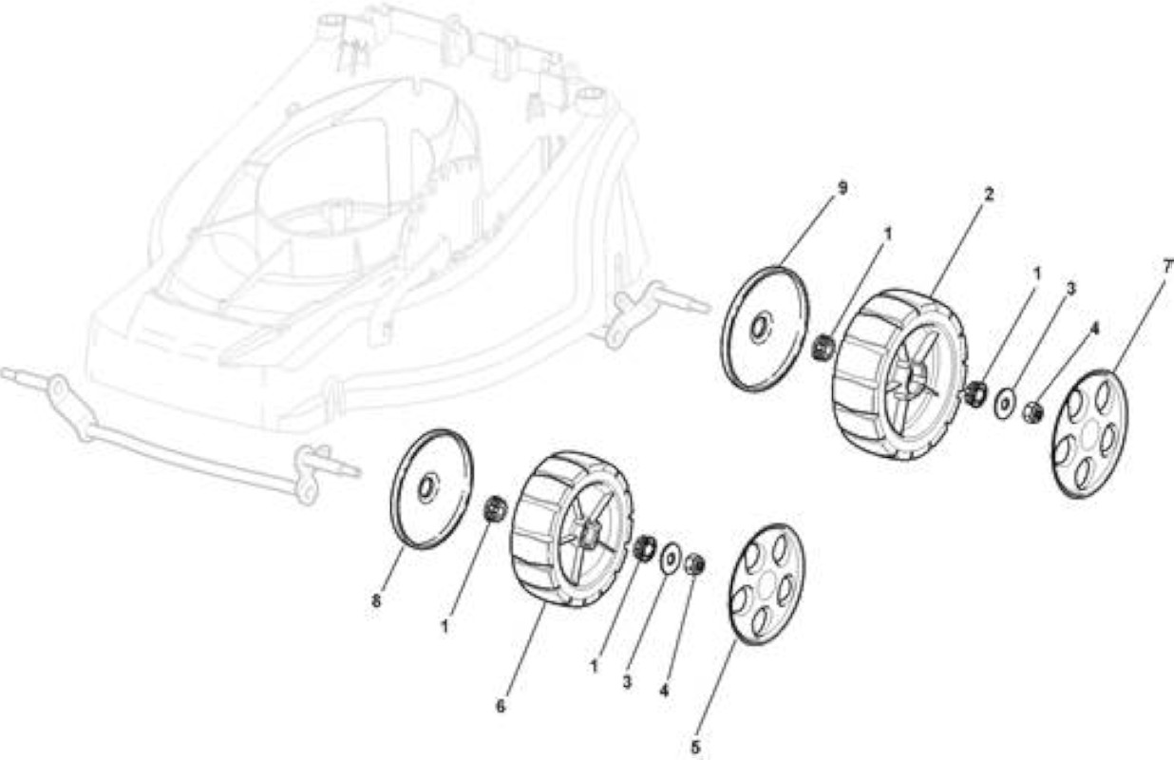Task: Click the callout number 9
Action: tap(843, 188)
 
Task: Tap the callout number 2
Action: tap(989, 195)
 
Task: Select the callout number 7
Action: tap(1166, 267)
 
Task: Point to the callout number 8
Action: tap(376, 600)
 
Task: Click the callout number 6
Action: tap(501, 707)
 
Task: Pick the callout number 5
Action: tap(695, 748)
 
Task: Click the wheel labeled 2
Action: tap(899, 374)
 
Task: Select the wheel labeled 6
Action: tap(573, 528)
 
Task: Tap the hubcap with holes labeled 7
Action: tap(1090, 434)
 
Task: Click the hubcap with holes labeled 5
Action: tap(767, 584)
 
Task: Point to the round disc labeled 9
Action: tap(765, 329)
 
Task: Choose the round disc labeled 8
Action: tap(431, 488)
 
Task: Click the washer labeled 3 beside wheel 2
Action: tap(1004, 405)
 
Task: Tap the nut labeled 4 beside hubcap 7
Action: tap(1032, 412)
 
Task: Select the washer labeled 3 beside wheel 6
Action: tap(671, 559)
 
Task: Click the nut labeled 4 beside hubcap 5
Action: tap(694, 564)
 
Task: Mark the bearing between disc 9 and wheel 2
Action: tap(823, 348)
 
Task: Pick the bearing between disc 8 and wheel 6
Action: tap(494, 507)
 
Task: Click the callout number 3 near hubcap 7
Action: tap(1070, 288)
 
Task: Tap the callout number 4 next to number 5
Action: tap(664, 691)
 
